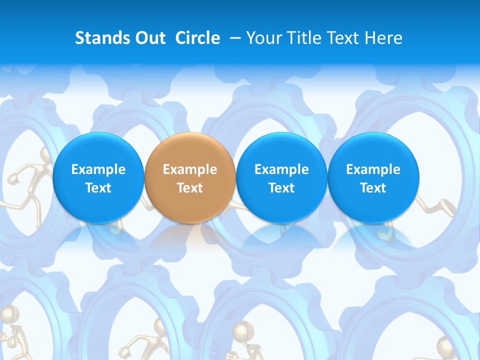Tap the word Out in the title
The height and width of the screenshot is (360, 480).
149,38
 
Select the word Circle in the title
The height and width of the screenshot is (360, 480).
197,38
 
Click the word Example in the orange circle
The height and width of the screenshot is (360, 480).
190,169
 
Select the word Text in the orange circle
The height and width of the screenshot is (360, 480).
190,188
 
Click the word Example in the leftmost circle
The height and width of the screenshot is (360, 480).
98,169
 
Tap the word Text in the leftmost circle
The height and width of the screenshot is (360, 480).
98,188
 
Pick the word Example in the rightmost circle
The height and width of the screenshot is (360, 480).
373,169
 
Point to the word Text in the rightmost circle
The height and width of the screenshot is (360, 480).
373,188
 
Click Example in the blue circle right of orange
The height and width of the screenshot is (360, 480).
281,169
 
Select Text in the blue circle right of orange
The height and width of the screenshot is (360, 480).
281,188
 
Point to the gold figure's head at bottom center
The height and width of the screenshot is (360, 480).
239,330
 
